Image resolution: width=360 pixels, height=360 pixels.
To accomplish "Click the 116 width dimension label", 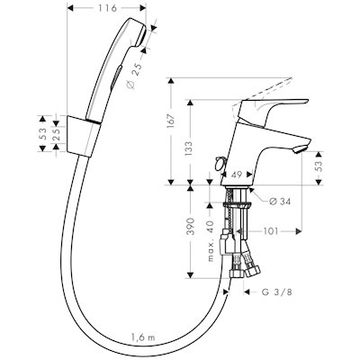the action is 107,8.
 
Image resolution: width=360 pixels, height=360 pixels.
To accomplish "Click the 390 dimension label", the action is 191,227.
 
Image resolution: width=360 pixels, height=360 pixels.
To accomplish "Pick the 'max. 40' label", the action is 211,240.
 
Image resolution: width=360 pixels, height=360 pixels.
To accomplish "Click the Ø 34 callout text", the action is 279,202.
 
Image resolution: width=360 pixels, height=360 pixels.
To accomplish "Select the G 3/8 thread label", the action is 277,292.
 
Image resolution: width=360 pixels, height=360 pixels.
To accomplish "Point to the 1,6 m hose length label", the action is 143,337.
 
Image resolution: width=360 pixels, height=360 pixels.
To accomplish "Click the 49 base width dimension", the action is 237,175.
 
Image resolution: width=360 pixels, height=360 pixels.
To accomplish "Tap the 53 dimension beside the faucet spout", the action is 319,166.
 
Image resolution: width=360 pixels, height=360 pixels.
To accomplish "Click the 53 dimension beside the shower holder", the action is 42,133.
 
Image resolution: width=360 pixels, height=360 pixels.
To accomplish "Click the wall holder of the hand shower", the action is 84,135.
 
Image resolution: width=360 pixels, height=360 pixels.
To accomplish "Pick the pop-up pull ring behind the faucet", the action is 220,163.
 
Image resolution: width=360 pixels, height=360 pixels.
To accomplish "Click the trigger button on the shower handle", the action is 116,77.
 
